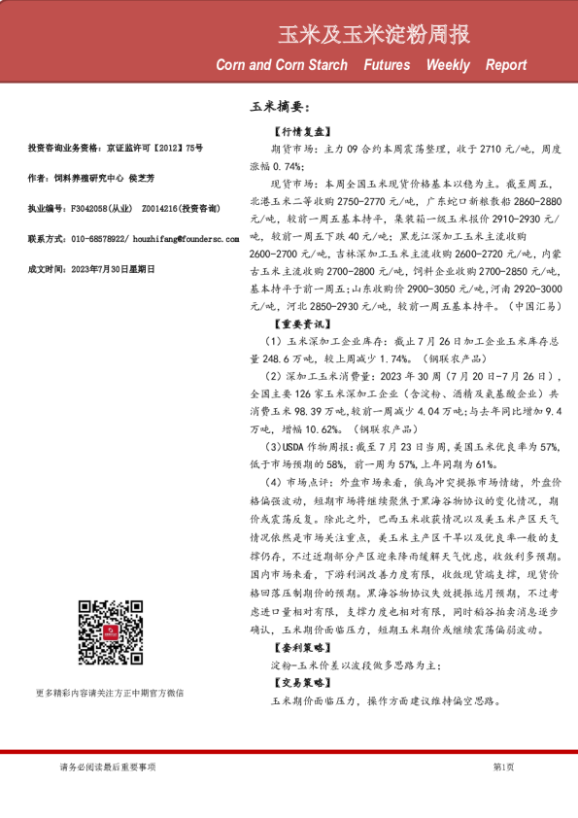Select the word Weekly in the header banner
[447, 66]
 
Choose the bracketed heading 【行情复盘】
[302, 131]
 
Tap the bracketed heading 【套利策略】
[302, 646]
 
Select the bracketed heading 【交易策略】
[302, 683]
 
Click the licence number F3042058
[87, 208]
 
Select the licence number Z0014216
[161, 208]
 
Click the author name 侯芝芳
[141, 178]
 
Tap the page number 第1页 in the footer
[504, 767]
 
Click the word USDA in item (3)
[289, 446]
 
